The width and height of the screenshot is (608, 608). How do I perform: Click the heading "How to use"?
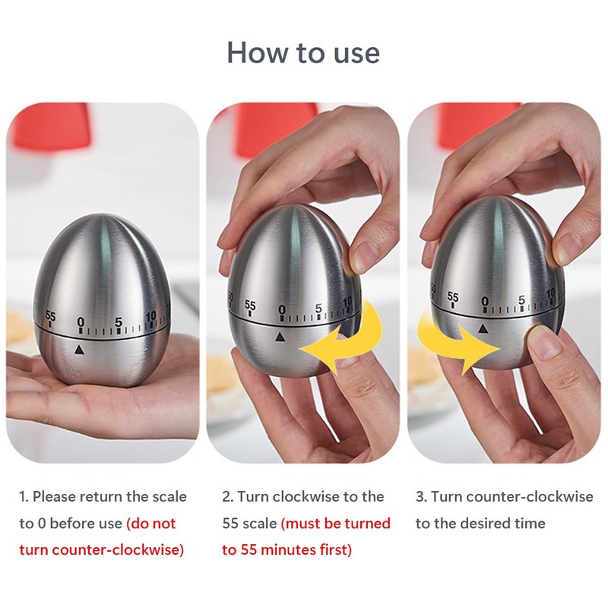pos(303,52)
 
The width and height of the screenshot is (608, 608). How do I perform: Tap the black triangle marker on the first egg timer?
pos(78,350)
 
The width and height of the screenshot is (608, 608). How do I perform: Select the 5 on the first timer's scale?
pos(118,320)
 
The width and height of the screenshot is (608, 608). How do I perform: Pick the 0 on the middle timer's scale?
pos(282,309)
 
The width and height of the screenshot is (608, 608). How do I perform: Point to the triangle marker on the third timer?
pos(483,328)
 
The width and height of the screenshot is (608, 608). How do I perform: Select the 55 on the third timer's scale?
pos(453,296)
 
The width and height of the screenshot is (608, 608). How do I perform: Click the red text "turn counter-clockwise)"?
pos(102,549)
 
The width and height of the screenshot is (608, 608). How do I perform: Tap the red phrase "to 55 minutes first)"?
pos(287,549)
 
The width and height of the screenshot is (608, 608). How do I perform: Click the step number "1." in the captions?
pos(24,496)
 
